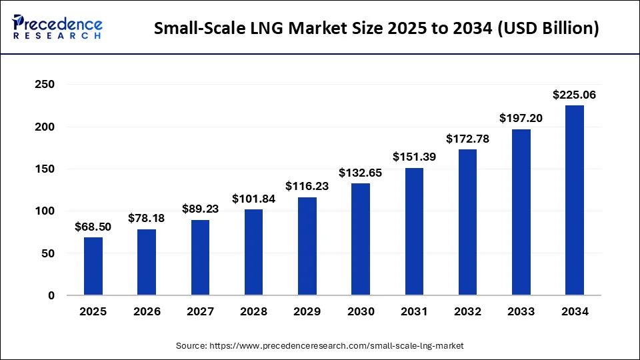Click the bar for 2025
click(93, 266)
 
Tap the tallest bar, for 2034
click(574, 200)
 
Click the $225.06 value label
click(574, 95)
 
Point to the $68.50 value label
click(93, 227)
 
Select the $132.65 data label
click(361, 173)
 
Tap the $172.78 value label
click(467, 139)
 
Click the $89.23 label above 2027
click(200, 209)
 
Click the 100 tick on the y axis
click(45, 211)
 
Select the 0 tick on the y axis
click(51, 295)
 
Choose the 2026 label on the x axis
click(147, 311)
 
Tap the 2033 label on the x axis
click(521, 311)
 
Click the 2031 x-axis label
click(414, 311)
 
